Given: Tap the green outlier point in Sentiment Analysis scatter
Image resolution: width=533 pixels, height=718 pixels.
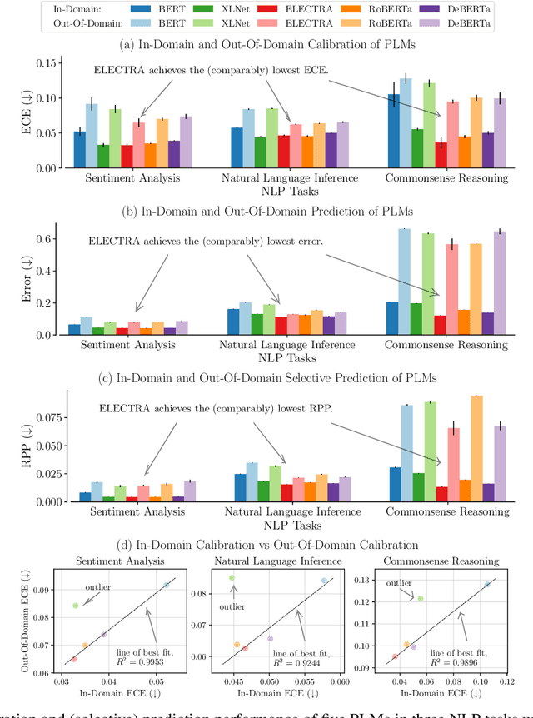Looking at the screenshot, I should [x=75, y=606].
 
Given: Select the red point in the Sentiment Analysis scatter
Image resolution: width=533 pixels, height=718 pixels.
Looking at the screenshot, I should [x=73, y=659].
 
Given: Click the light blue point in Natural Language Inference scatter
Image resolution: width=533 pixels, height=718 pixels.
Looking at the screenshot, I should [x=324, y=581].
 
